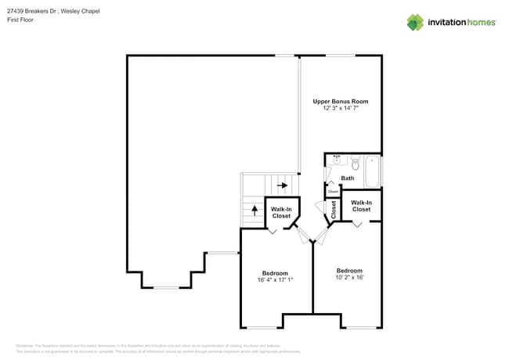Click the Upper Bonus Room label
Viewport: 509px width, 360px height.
click(340, 102)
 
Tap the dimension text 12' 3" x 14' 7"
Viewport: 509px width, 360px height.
click(340, 109)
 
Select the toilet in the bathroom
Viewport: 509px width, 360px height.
click(355, 164)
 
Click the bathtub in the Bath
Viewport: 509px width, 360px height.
click(373, 171)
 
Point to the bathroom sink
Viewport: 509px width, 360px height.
click(337, 160)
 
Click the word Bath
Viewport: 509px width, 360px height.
click(347, 178)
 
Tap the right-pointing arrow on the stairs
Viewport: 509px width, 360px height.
click(282, 185)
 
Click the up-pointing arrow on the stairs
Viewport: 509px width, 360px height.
click(254, 209)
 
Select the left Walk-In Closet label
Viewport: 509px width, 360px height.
click(281, 212)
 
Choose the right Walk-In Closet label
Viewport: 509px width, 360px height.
click(361, 206)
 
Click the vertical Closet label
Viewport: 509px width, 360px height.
click(334, 210)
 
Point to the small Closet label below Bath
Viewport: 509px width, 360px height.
click(333, 191)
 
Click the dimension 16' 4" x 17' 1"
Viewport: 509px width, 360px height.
click(275, 279)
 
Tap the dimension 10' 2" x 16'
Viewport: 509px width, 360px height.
click(349, 277)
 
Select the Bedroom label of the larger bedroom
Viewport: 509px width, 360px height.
click(275, 272)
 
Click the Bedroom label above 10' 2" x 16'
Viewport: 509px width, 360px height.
click(349, 270)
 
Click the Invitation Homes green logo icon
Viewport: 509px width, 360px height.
click(414, 22)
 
